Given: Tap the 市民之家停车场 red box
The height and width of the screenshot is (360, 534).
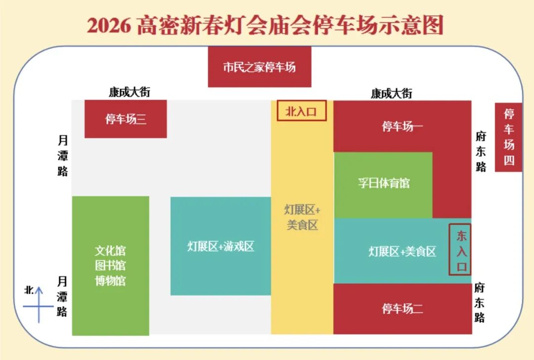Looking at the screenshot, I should point(259,67).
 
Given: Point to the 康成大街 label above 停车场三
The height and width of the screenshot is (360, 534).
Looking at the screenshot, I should point(130,92).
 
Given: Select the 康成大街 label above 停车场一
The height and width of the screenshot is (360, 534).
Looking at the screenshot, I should point(391,93).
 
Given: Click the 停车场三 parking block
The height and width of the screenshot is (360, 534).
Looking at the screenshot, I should point(126,119).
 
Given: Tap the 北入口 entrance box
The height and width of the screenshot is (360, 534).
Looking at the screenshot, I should point(301,111).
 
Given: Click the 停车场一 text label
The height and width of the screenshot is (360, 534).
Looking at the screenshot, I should point(402,127).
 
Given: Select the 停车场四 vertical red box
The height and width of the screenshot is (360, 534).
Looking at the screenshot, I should point(509,137).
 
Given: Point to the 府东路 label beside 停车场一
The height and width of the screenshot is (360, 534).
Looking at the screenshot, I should point(481,151).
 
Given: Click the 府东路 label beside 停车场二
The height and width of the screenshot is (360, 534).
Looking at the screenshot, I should point(479,302).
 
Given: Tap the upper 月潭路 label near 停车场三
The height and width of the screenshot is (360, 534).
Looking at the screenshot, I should point(62,156).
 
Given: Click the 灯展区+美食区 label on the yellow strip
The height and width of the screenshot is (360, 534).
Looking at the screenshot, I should point(302,217).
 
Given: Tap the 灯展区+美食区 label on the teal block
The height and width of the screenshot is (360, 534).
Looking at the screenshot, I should point(402,252).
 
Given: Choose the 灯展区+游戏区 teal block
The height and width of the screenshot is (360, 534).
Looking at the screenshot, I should point(221,246).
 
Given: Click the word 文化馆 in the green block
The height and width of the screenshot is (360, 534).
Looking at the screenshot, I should point(110,251).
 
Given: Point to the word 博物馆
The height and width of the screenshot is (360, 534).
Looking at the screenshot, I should point(110,281).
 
